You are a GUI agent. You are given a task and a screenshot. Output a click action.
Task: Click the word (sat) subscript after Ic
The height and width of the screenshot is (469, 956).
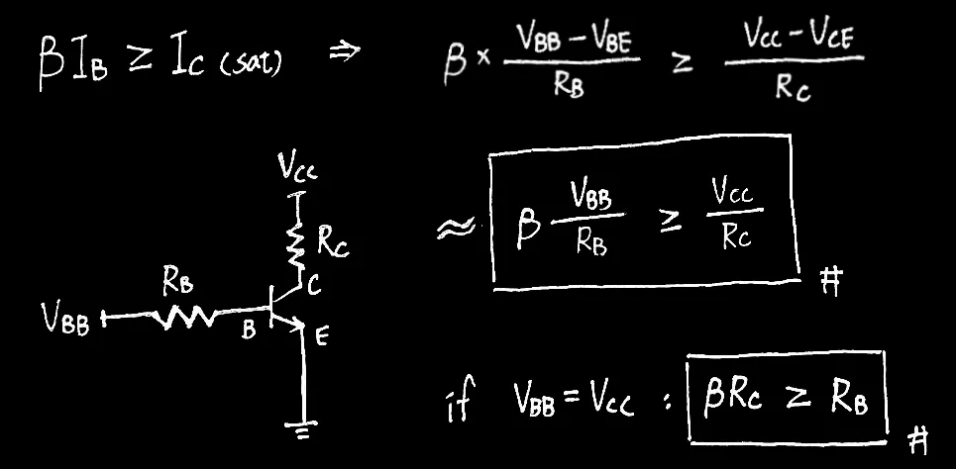[254, 65]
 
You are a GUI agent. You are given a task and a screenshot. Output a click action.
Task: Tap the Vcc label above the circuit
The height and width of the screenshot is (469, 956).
[297, 173]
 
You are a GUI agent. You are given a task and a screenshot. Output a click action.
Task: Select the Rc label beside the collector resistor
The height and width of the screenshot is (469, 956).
[333, 240]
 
